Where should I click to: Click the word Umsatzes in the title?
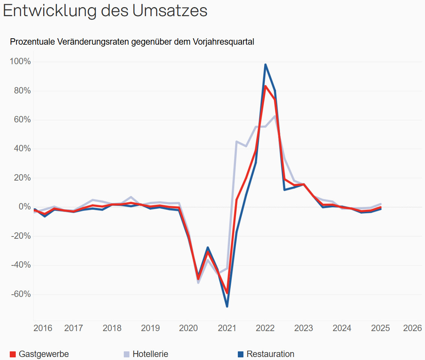click(x=170, y=11)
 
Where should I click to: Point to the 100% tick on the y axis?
click(x=20, y=62)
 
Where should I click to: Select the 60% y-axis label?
click(x=22, y=120)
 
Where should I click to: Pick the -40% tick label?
click(x=21, y=265)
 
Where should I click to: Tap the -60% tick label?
click(x=21, y=294)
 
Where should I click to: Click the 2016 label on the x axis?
click(x=43, y=328)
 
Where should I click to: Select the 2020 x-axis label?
click(x=188, y=328)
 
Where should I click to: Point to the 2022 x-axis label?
click(x=265, y=328)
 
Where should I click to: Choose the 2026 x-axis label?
click(x=412, y=328)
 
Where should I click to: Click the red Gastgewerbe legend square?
click(x=13, y=354)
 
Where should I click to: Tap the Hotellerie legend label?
click(x=150, y=354)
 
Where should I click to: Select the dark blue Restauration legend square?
click(x=241, y=354)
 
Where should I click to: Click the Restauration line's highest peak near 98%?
click(x=265, y=65)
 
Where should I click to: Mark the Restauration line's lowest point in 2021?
click(x=227, y=306)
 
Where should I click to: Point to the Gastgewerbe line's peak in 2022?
click(x=265, y=86)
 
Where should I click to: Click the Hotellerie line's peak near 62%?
click(x=275, y=116)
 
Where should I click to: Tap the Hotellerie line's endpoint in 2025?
click(x=381, y=204)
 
